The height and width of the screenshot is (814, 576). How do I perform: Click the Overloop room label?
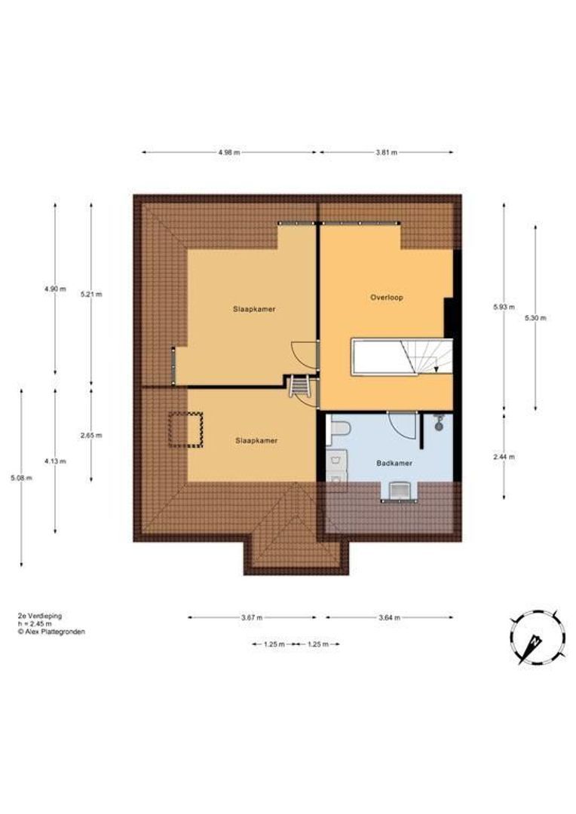tap(387, 298)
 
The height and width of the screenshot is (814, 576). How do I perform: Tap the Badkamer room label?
tap(394, 463)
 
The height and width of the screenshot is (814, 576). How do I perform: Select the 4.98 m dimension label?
tap(229, 152)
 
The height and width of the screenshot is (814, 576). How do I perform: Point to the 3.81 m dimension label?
tap(387, 152)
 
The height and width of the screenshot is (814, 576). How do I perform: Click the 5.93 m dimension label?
tap(504, 307)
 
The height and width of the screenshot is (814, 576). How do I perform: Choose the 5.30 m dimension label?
tap(535, 318)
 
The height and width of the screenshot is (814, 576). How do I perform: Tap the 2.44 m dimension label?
tap(504, 457)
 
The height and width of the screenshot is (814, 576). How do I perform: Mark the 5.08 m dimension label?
tap(21, 478)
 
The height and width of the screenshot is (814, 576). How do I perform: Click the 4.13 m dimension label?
tap(55, 461)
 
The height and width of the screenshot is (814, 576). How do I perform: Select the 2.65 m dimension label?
tap(91, 436)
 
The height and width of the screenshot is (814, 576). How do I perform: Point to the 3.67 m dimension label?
tap(252, 618)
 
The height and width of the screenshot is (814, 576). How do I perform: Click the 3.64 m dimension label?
tap(389, 618)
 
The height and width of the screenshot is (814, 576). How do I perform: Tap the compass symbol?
tap(538, 638)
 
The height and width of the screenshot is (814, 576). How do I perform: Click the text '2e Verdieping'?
tap(39, 616)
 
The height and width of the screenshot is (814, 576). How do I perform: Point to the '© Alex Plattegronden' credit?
tap(51, 632)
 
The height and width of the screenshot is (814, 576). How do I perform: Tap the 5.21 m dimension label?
tap(91, 295)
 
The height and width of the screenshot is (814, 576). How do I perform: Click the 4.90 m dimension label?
tap(55, 289)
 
